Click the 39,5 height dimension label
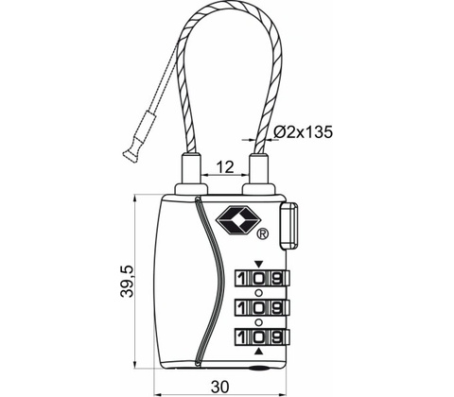pos(128,282)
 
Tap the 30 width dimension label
pos(220,387)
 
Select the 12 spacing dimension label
pos(226,167)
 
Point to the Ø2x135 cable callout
pos(304,132)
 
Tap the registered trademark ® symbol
pos(263,233)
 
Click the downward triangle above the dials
pos(258,264)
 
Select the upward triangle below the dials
pos(258,352)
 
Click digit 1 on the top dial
pos(241,279)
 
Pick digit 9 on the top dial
pos(276,279)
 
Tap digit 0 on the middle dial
pos(258,307)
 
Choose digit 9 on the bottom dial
pos(276,337)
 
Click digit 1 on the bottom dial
pos(241,337)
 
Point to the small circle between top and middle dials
pos(258,293)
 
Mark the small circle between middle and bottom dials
pos(258,322)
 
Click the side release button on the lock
pos(288,226)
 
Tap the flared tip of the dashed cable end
pos(131,156)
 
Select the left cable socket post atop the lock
pos(191,173)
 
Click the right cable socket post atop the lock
pos(258,173)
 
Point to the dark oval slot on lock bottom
pos(258,368)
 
